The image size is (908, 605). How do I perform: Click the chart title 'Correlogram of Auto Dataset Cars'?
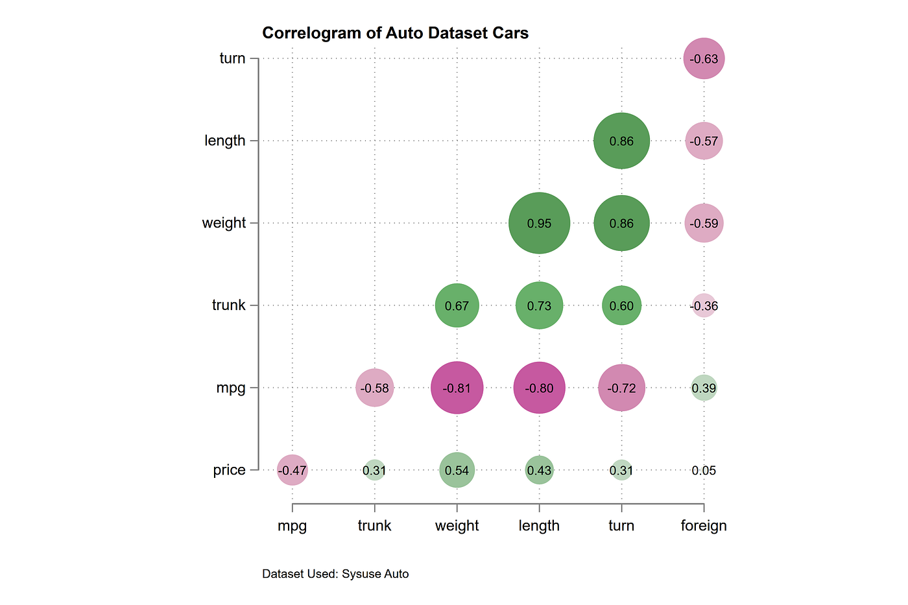(395, 33)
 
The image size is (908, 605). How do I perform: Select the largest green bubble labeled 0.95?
(539, 223)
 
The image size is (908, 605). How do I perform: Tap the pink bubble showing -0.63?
(704, 59)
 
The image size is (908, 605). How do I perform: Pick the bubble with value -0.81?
(457, 388)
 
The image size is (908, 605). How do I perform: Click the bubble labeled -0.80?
(539, 388)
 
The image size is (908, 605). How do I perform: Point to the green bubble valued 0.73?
(539, 305)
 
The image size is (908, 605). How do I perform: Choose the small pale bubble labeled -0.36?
(704, 305)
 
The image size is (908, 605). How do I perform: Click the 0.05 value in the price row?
(704, 470)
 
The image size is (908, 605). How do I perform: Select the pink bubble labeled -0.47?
(292, 470)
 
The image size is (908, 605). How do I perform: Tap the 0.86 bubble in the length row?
(621, 141)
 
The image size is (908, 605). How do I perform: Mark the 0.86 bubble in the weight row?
(621, 223)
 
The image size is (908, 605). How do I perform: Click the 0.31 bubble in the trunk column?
(374, 470)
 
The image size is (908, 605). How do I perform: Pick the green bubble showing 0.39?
(704, 388)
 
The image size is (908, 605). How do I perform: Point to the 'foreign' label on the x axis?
(704, 525)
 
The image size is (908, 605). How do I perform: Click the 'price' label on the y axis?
(229, 469)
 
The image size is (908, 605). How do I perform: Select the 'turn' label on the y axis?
(232, 58)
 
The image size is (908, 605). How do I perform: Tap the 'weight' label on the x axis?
(457, 525)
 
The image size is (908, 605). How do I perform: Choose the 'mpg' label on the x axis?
(292, 526)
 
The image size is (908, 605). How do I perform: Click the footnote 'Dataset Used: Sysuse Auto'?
(335, 574)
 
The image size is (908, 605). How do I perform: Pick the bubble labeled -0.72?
(621, 388)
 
